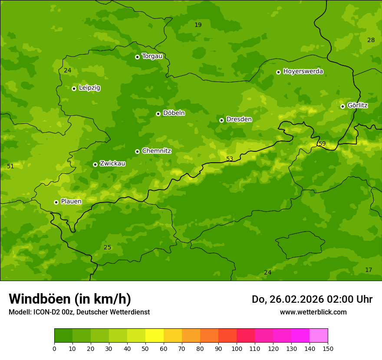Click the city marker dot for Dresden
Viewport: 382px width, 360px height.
221,120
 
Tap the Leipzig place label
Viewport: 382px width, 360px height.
89,88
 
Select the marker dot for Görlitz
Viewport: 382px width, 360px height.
342,106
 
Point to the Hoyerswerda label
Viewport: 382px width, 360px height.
303,72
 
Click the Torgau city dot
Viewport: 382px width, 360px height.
137,57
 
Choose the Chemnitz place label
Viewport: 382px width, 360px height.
156,151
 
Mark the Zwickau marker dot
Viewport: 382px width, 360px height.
95,164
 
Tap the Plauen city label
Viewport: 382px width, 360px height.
71,202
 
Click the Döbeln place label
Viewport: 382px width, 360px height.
174,113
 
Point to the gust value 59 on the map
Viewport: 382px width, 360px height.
322,144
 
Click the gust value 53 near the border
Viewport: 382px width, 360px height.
230,159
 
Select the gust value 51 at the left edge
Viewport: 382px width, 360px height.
10,166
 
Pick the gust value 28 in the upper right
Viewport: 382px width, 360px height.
371,40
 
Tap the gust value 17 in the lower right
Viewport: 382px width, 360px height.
369,270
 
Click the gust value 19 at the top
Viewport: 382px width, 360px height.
198,25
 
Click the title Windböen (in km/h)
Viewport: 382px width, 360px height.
70,299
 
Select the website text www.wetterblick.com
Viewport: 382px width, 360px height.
313,312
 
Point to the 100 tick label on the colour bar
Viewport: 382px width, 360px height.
237,348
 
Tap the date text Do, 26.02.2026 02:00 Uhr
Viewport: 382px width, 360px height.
312,299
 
